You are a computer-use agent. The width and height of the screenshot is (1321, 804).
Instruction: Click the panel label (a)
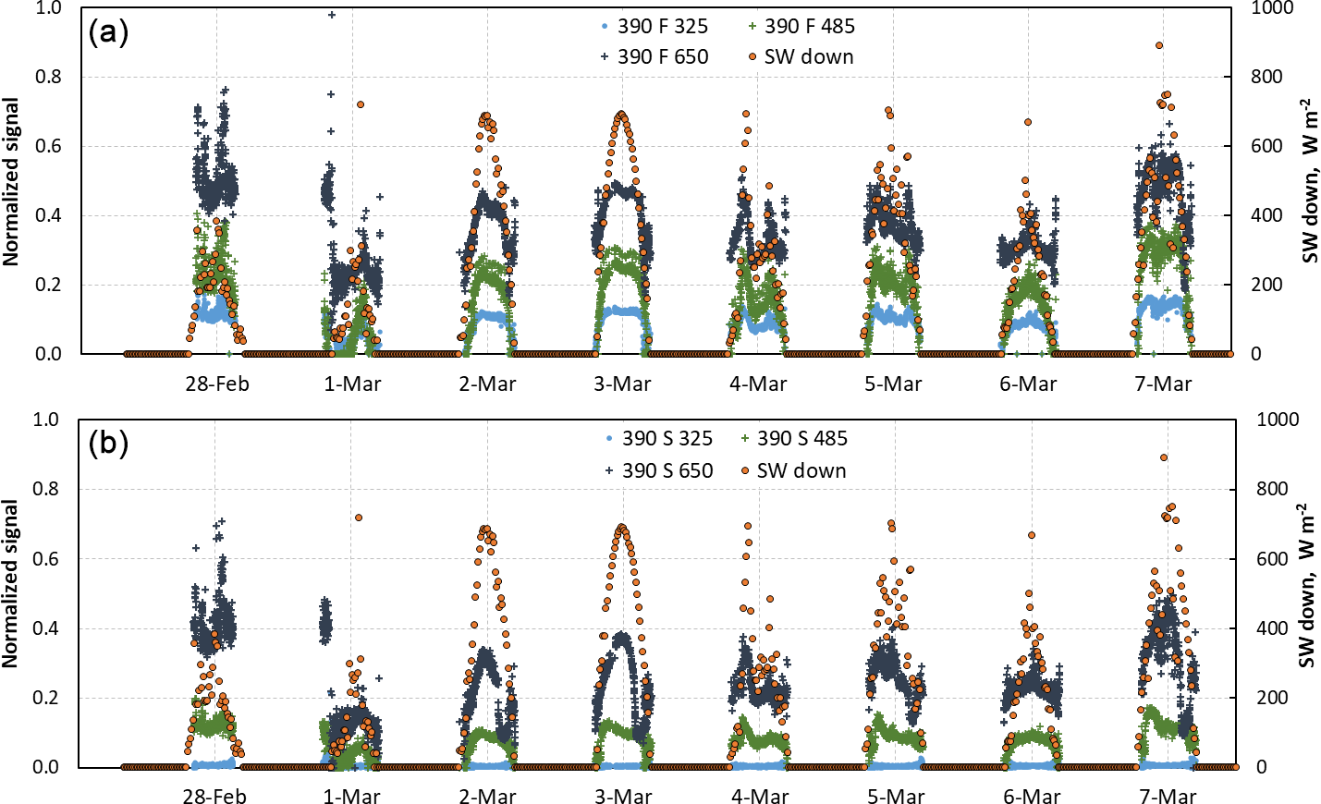tap(108, 32)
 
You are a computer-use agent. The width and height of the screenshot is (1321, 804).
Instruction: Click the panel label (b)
tap(108, 444)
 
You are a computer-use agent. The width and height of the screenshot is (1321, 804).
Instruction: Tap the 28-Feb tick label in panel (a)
tap(217, 384)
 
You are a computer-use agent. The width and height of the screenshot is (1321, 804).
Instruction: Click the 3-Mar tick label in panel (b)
tap(623, 796)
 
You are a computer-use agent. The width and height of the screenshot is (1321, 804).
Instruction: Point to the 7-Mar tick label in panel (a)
tap(1164, 384)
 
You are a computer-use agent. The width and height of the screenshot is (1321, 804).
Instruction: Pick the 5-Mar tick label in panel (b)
tap(895, 796)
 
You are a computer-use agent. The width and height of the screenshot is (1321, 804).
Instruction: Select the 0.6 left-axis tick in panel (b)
tap(46, 558)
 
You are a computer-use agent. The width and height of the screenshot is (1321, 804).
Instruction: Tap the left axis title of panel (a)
tap(11, 182)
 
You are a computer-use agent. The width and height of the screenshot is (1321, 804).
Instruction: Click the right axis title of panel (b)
tap(1306, 586)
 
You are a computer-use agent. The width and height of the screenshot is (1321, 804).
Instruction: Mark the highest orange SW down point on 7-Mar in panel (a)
tap(1159, 45)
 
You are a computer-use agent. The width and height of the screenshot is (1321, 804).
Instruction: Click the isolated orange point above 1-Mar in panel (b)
tap(359, 518)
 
